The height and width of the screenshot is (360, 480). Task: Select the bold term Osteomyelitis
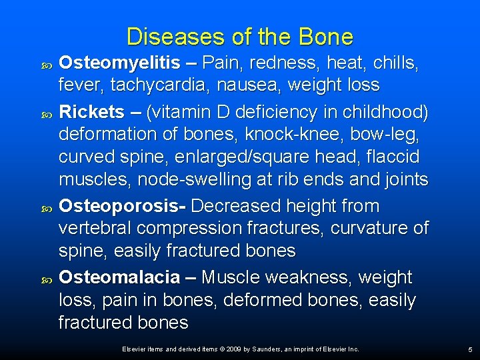(x=119, y=63)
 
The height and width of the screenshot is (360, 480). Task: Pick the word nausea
(x=239, y=85)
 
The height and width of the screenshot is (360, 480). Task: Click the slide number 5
(x=470, y=349)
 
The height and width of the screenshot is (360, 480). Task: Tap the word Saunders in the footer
(x=267, y=349)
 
